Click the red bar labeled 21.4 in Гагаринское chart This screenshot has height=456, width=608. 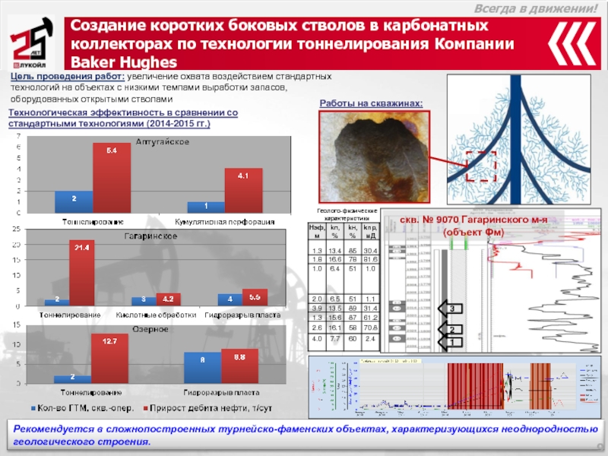(81, 274)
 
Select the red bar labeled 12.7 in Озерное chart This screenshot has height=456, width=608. (104, 359)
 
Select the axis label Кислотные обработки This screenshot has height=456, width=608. (157, 314)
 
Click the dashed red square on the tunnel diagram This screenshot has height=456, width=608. (480, 166)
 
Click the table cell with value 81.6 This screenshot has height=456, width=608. (370, 259)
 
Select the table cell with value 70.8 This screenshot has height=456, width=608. (370, 328)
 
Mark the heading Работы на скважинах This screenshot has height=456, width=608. (370, 103)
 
